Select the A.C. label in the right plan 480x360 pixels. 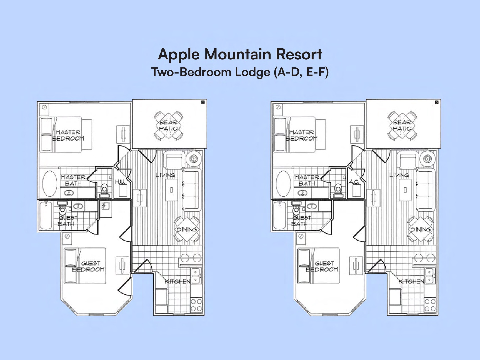pos(354,182)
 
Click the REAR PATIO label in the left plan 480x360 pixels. pos(168,126)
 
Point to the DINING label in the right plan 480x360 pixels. pos(420,229)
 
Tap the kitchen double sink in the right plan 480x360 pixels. pos(429,276)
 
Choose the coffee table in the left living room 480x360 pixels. pos(171,190)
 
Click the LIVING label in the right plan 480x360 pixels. pos(399,175)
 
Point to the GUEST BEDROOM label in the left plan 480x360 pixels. pos(89,266)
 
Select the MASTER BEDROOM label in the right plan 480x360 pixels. pos(302,135)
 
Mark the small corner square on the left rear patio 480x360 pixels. pos(203,102)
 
